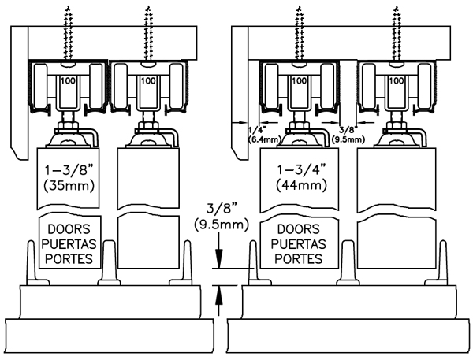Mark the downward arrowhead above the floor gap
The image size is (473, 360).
pyautogui.click(x=220, y=262)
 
